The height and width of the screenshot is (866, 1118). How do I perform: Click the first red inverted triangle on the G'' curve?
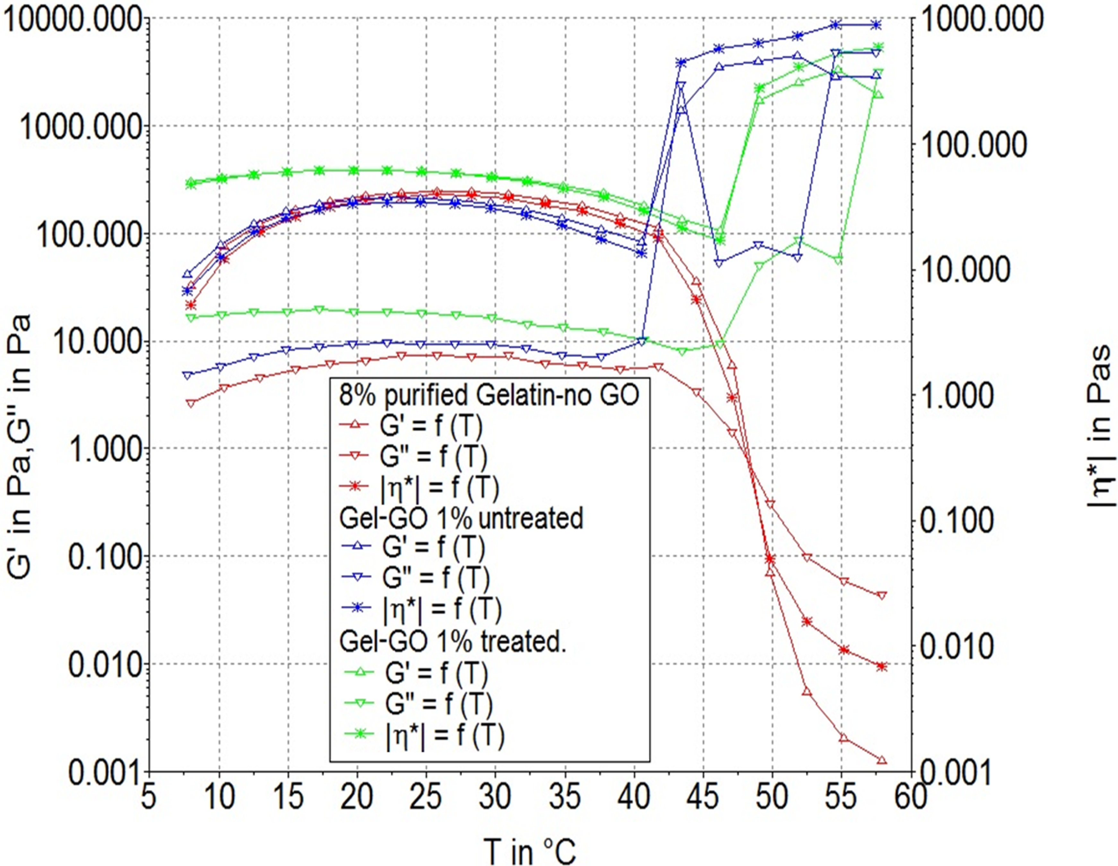(x=191, y=403)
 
